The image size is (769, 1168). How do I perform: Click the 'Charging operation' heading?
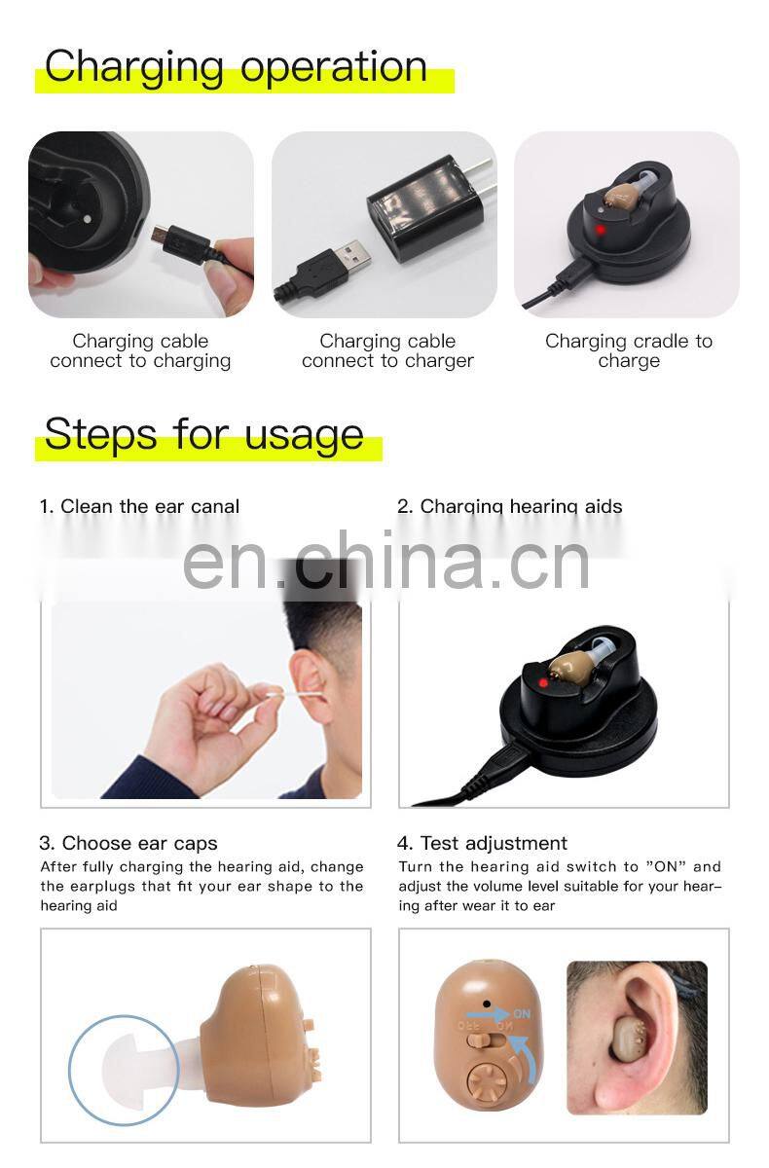coord(236,66)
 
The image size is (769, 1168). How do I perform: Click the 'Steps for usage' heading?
coord(203,434)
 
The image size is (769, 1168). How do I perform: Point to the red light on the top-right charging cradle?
coord(600,231)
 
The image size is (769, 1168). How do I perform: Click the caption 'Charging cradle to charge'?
coord(628,350)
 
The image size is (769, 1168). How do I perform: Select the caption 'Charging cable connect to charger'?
coord(387,350)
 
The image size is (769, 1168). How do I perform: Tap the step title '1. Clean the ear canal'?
coord(139,506)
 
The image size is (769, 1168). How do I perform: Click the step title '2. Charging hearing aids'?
coord(509,506)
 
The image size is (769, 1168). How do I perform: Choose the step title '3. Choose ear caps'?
coord(128,843)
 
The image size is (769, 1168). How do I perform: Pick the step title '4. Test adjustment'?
coord(482,843)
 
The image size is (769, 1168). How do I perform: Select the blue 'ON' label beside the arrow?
coord(523,1014)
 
